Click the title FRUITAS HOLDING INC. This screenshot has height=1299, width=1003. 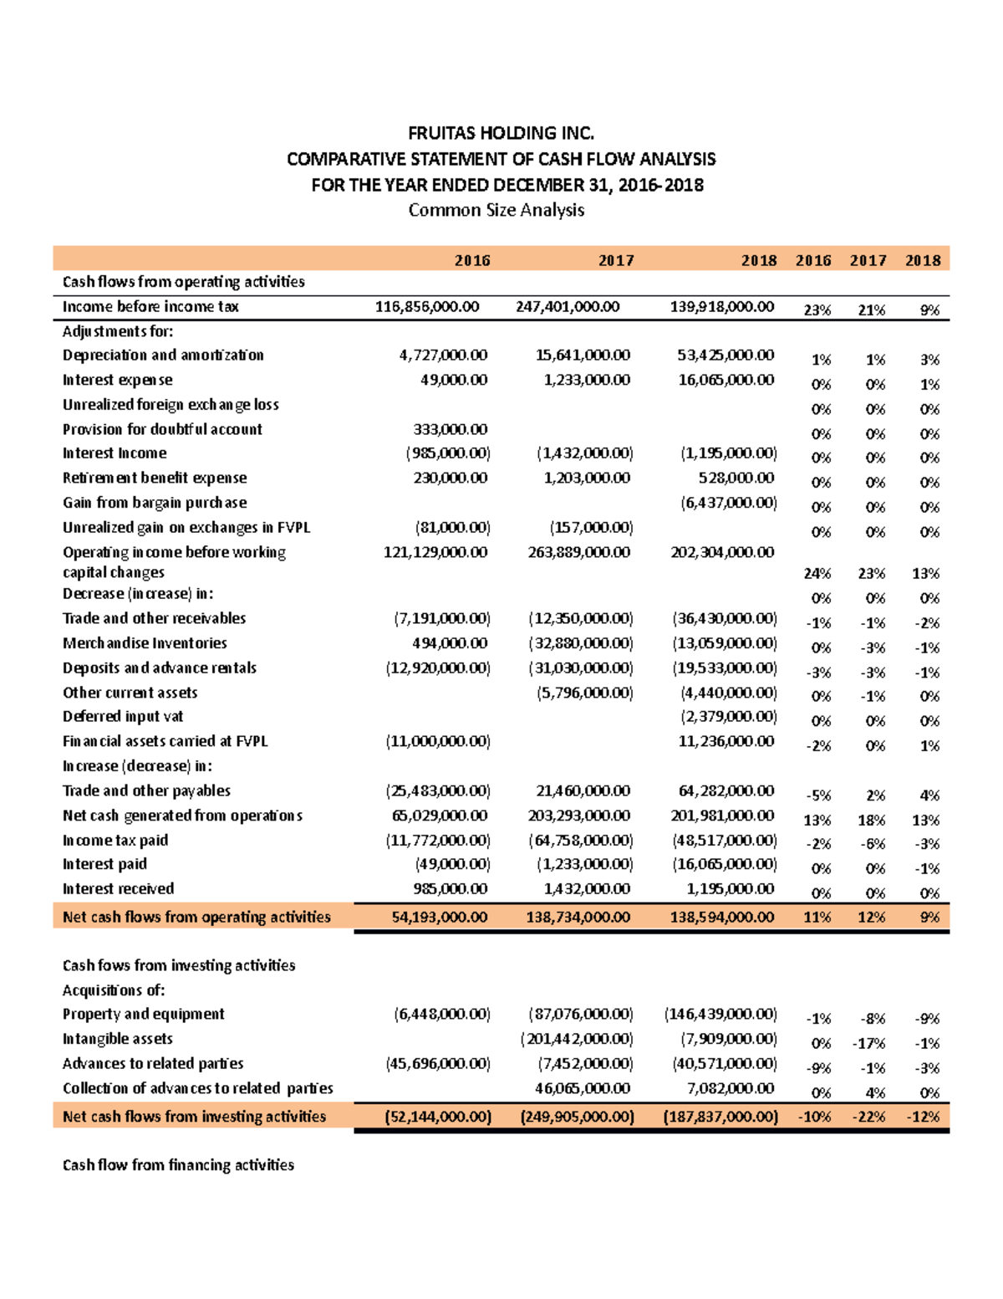coord(501,133)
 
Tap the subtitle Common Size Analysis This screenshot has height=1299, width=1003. coord(496,210)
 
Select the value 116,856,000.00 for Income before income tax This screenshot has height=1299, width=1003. coord(427,307)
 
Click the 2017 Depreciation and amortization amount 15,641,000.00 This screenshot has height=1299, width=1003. coord(583,355)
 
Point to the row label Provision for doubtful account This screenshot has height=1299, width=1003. coord(162,429)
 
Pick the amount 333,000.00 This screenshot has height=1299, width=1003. coord(451,429)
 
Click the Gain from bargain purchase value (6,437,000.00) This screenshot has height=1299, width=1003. coord(728,503)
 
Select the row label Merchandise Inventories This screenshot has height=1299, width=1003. coord(145,643)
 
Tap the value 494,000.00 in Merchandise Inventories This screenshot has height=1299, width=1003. coord(450,643)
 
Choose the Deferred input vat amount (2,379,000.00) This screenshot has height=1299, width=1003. coord(728,717)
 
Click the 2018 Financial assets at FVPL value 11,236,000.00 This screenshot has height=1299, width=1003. coord(726,741)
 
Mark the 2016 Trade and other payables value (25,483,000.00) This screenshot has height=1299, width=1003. coord(438,791)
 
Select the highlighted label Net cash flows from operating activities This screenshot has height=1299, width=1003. coord(196,918)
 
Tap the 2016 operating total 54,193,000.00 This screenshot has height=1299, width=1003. coord(439,918)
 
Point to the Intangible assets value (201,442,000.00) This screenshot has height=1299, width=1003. coord(577,1039)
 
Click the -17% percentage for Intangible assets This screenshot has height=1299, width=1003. coord(868,1044)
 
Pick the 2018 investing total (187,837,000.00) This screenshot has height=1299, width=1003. coord(720,1117)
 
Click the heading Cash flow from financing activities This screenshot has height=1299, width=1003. coord(178,1165)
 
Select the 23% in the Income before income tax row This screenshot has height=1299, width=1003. coord(817,310)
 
